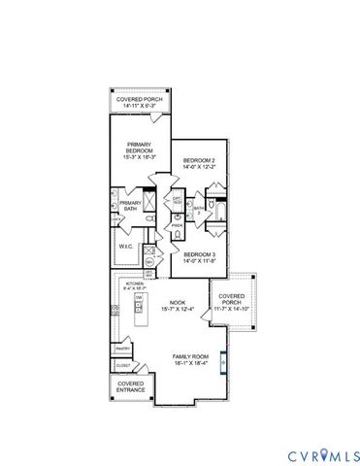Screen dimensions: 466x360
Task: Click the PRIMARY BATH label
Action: coord(130,205)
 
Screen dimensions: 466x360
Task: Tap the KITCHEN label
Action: coord(135,283)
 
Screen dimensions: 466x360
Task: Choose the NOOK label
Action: coord(178,302)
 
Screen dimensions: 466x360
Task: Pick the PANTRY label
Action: coord(123,348)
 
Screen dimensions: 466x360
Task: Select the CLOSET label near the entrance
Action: coord(123,366)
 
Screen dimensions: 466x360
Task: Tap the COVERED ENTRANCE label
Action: coord(131,385)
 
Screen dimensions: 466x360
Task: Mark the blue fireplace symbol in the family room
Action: coord(222,361)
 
